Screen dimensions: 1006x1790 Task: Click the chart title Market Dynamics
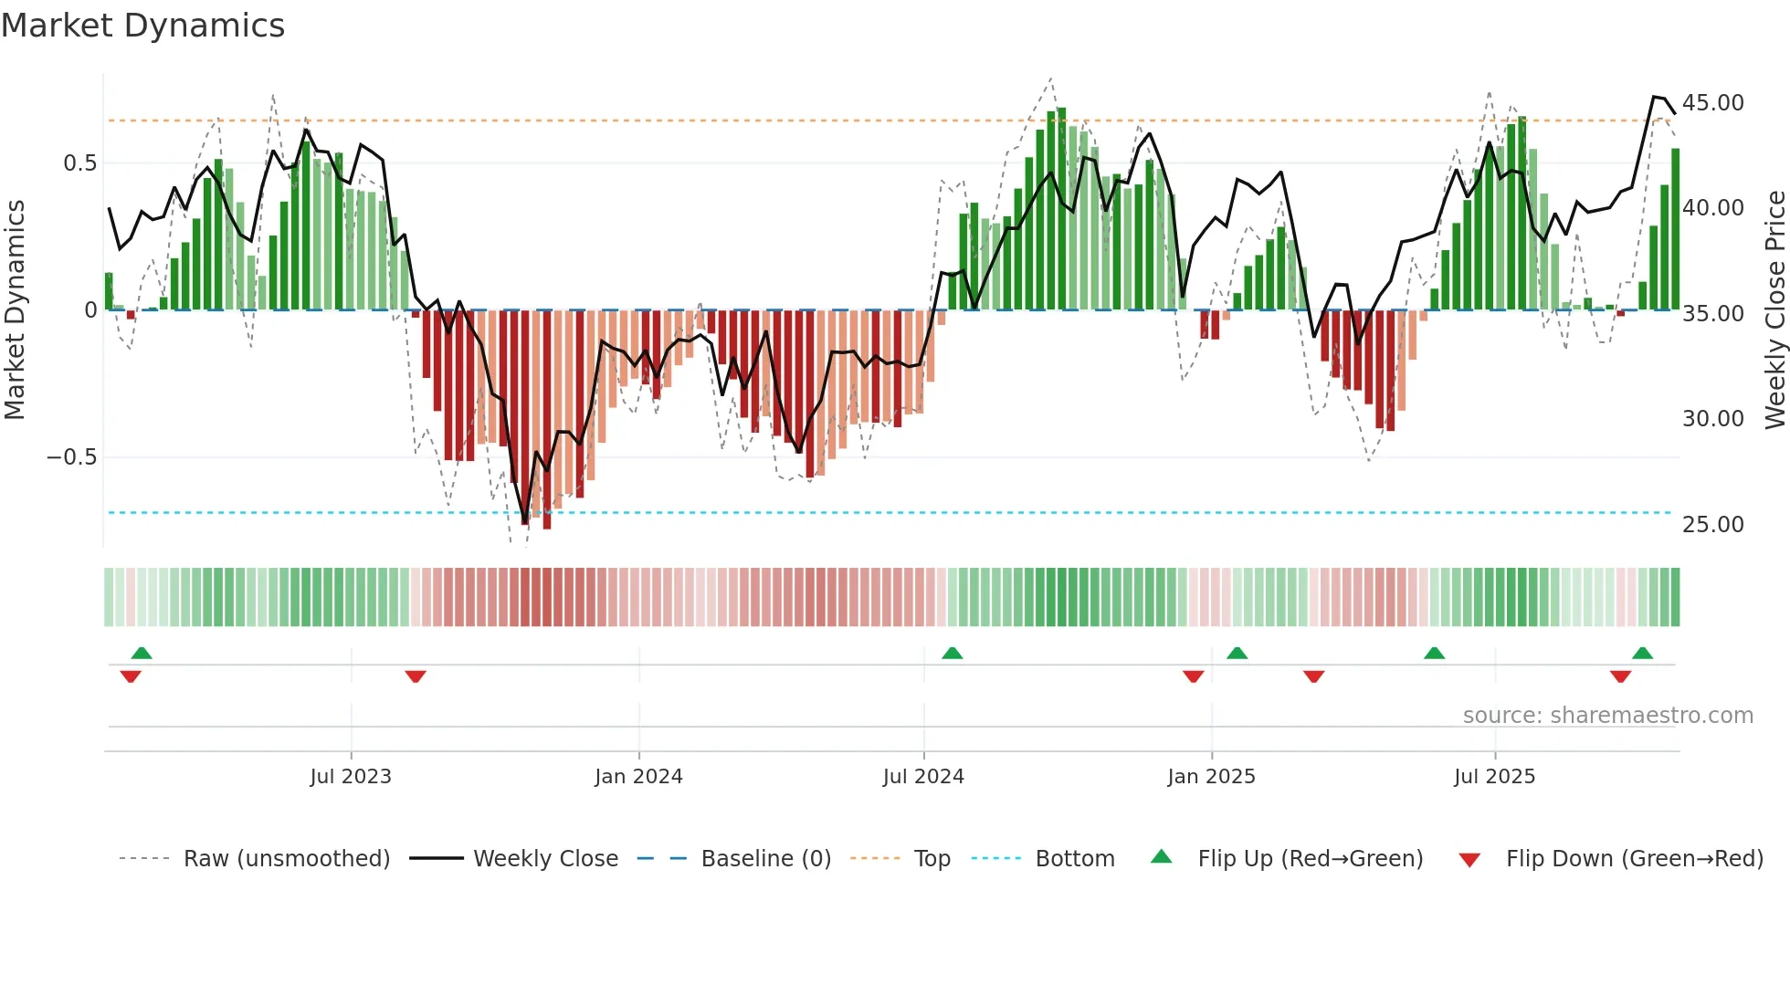pos(142,26)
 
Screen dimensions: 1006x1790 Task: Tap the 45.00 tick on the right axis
pos(1712,103)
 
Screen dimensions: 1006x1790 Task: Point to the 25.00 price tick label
pos(1712,525)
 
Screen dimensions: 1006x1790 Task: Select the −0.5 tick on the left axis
pos(71,457)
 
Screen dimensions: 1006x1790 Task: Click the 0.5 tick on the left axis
pos(79,163)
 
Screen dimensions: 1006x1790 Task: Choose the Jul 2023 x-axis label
pos(350,777)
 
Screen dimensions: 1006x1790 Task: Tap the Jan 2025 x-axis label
pos(1211,777)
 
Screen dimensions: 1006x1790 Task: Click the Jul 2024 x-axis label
pos(923,777)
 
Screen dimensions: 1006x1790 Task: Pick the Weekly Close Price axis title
pos(1774,309)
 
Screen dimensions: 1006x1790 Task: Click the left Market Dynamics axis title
pos(15,309)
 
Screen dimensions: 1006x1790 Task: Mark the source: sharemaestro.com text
pos(1607,716)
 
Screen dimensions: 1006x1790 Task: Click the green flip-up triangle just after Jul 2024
pos(952,654)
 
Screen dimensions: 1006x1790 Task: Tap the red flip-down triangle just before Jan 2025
pos(1193,676)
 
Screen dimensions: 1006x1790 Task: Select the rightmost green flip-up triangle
pos(1642,654)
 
